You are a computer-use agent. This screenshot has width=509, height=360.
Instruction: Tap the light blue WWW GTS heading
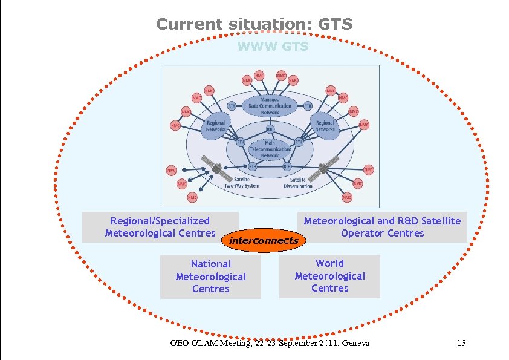pyautogui.click(x=273, y=47)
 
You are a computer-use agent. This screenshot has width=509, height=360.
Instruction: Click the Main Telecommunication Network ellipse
pyautogui.click(x=270, y=147)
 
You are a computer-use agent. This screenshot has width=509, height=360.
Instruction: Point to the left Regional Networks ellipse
pyautogui.click(x=216, y=126)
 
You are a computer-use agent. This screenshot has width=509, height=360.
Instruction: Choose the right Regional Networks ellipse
pyautogui.click(x=325, y=126)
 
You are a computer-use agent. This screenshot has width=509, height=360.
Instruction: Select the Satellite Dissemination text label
pyautogui.click(x=298, y=183)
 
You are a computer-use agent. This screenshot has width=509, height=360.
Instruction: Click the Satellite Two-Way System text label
pyautogui.click(x=242, y=183)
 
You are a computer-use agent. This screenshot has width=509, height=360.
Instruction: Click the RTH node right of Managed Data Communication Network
pyautogui.click(x=308, y=105)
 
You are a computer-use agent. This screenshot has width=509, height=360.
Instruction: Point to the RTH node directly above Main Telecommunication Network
pyautogui.click(x=270, y=129)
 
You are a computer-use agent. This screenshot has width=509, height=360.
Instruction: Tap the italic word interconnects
pyautogui.click(x=263, y=240)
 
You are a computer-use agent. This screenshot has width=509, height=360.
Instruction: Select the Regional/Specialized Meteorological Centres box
pyautogui.click(x=160, y=227)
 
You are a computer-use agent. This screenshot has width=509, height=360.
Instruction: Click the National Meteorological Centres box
pyautogui.click(x=210, y=277)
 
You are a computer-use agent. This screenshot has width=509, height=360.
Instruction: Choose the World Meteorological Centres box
pyautogui.click(x=329, y=276)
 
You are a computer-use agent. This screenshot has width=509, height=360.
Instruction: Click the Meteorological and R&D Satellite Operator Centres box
pyautogui.click(x=382, y=227)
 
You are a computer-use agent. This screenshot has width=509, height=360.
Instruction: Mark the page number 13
pyautogui.click(x=461, y=344)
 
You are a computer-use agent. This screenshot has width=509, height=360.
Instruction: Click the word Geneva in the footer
pyautogui.click(x=355, y=344)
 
